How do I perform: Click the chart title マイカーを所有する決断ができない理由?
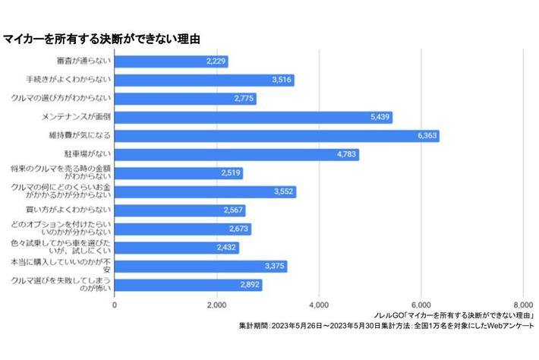pos(106,37)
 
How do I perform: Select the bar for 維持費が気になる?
pos(277,136)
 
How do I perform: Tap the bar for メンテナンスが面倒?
pos(254,117)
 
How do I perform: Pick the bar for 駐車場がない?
pos(237,155)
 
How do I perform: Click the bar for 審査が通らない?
pos(172,62)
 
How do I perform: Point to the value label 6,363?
pos(427,136)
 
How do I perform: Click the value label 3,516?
pos(281,81)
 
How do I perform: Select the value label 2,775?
pos(243,99)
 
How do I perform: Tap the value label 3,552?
pos(282,191)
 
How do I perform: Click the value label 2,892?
pos(249,285)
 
